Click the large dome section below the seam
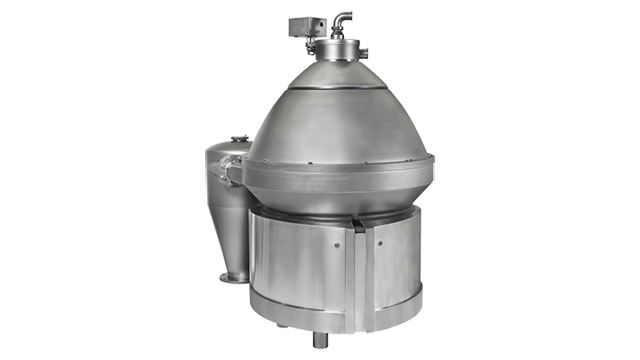tap(330, 125)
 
